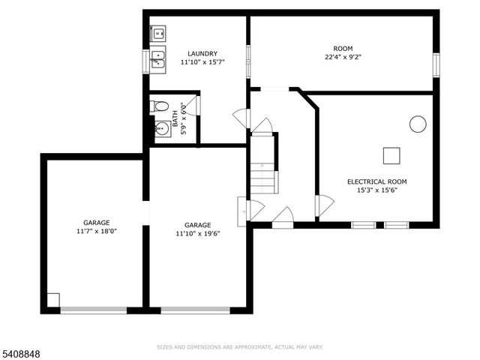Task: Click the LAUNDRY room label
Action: pos(202,53)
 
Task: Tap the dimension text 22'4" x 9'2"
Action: pos(343,56)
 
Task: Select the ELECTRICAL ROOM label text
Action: pos(376,181)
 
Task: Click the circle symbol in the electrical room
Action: pos(418,124)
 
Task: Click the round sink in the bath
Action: pos(161,128)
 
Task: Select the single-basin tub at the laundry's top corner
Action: pos(158,32)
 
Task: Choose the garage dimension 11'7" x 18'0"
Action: pos(96,231)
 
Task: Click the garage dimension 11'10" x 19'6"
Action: pos(197,233)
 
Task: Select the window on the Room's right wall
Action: pos(436,64)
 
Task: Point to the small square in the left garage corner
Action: pos(53,299)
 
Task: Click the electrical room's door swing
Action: pos(325,205)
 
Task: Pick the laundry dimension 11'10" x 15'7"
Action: pos(202,62)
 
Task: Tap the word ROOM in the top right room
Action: pos(343,47)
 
